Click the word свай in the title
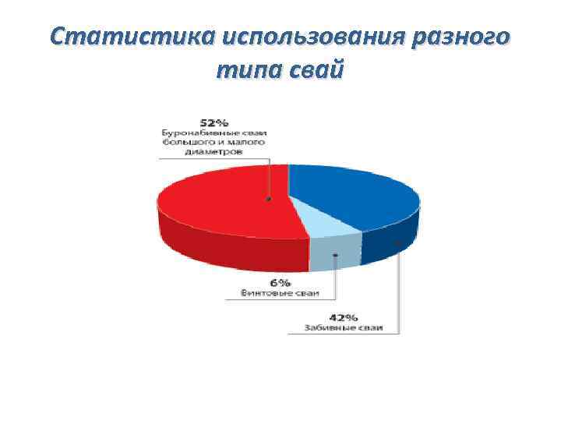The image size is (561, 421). point(316,69)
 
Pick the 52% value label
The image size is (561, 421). point(214,123)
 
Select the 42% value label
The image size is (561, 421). point(344,317)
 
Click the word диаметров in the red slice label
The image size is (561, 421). point(214,152)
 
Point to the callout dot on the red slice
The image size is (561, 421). point(269,200)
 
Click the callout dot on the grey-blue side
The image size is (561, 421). point(335,254)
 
